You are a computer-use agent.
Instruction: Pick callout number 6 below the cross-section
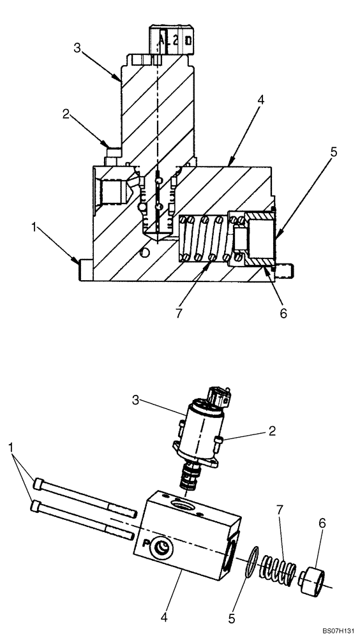click(283, 313)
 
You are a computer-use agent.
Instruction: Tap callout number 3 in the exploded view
click(135, 400)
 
